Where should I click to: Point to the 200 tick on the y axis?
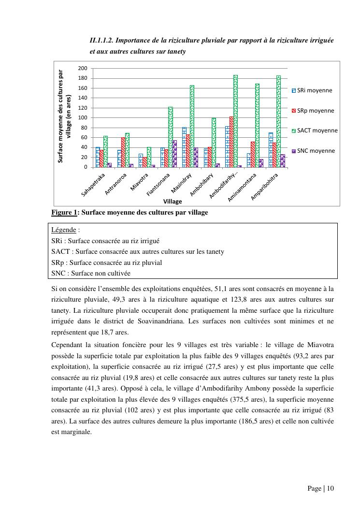(83, 69)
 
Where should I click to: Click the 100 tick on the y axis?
(83, 118)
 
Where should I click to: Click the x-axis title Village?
(173, 201)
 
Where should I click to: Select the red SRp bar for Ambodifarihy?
(231, 142)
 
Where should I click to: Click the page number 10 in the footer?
(331, 488)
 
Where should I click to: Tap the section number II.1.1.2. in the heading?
(104, 40)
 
